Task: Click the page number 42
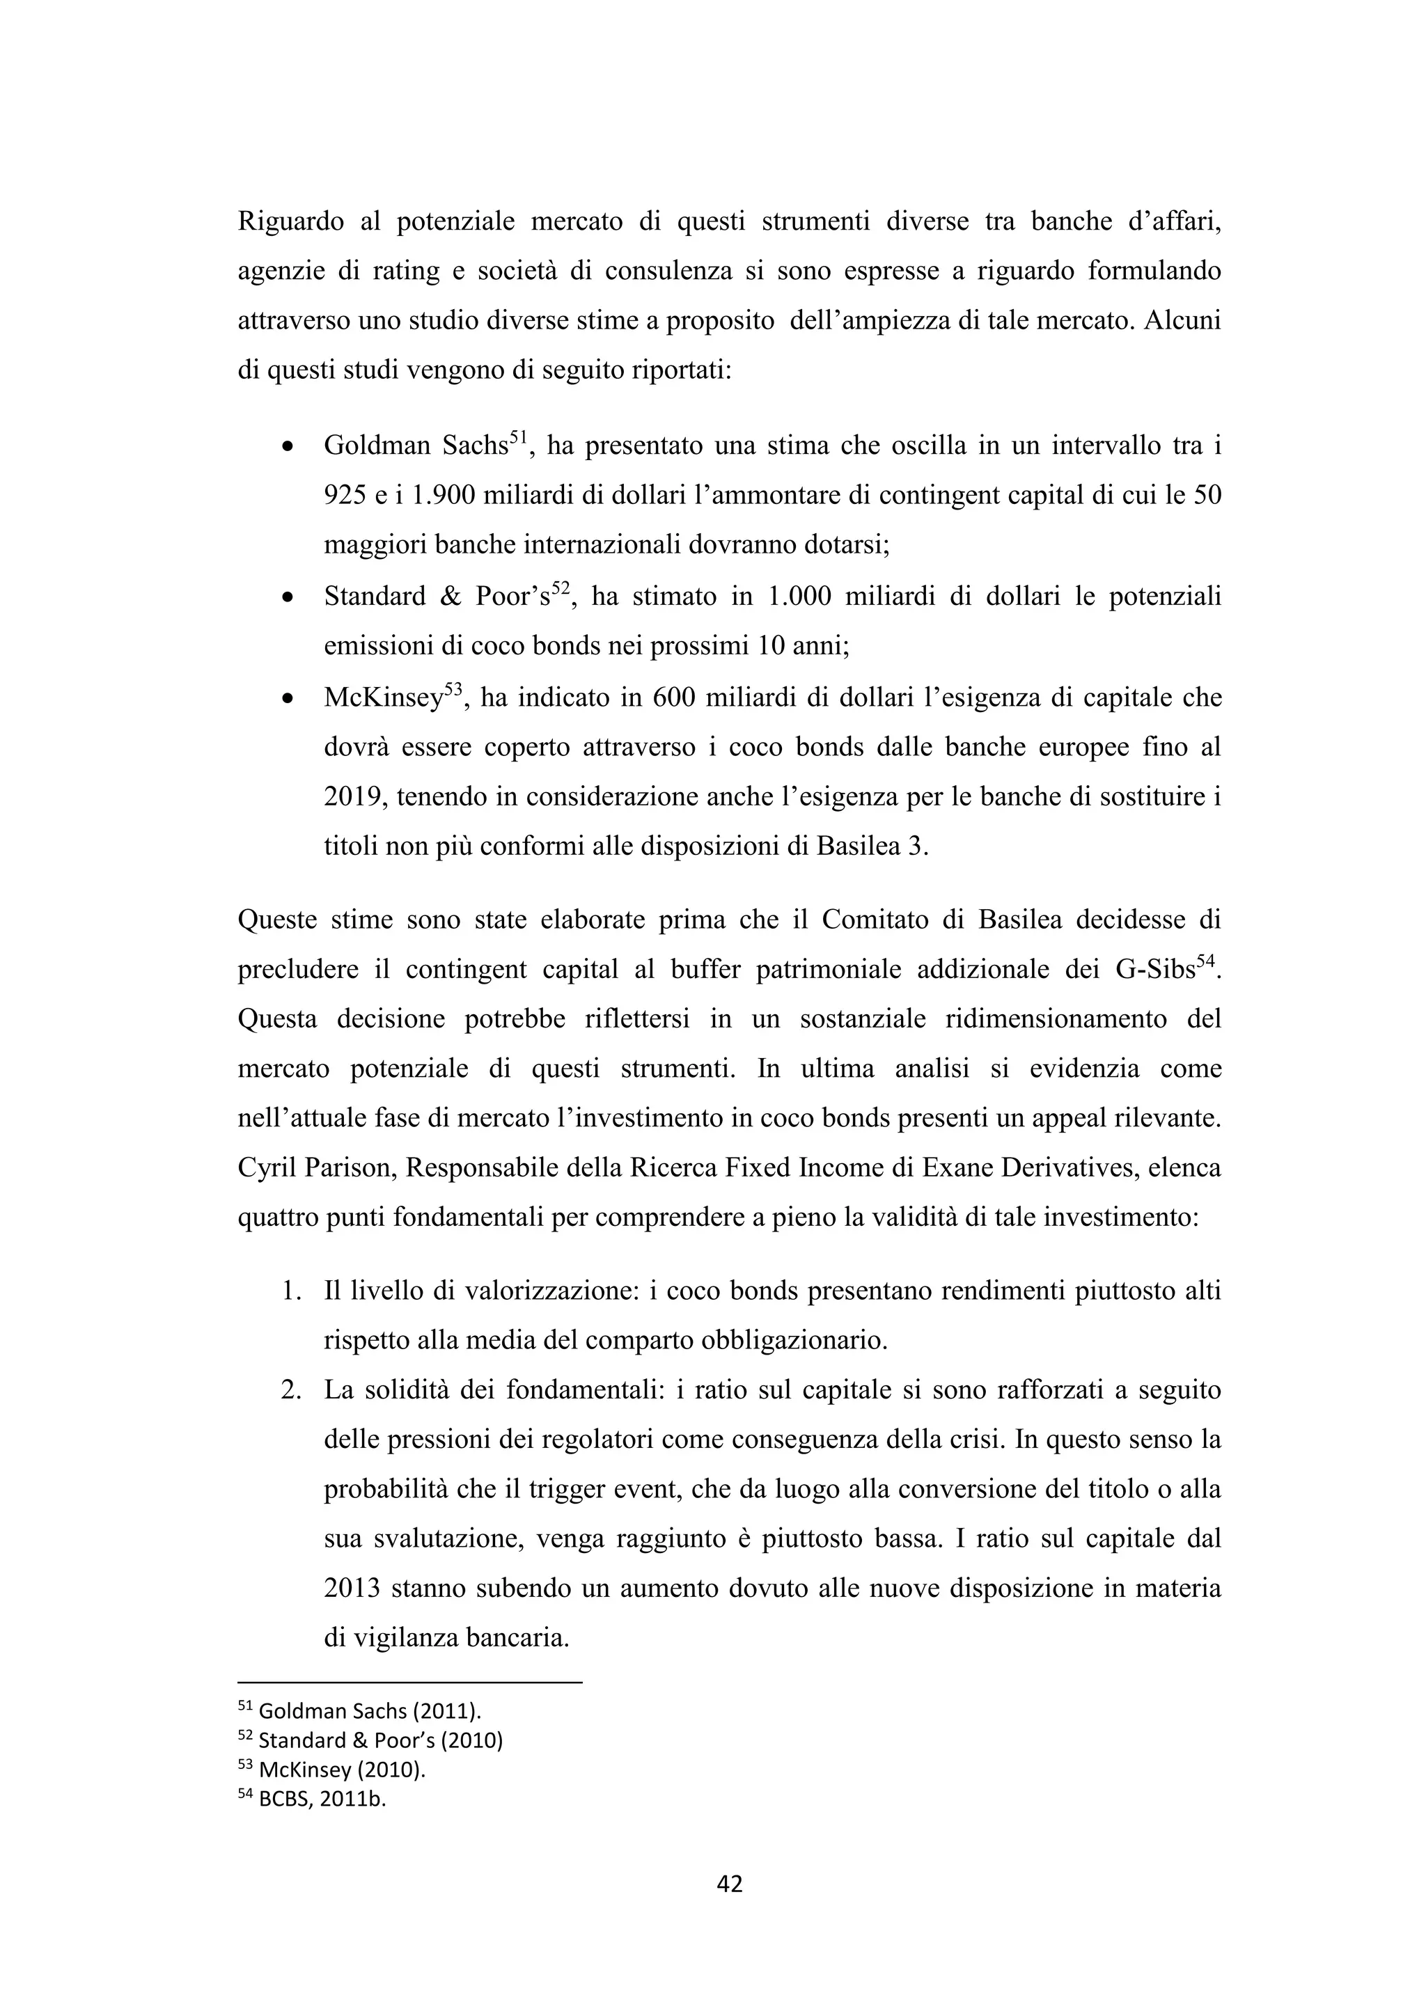click(730, 1884)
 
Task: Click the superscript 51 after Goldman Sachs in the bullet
click(518, 438)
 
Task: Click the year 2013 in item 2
click(351, 1589)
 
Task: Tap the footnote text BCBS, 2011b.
click(322, 1799)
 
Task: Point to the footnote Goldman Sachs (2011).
click(370, 1711)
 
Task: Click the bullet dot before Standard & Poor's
click(287, 598)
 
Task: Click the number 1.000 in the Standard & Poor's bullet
click(797, 597)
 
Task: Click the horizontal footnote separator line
click(410, 1683)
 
